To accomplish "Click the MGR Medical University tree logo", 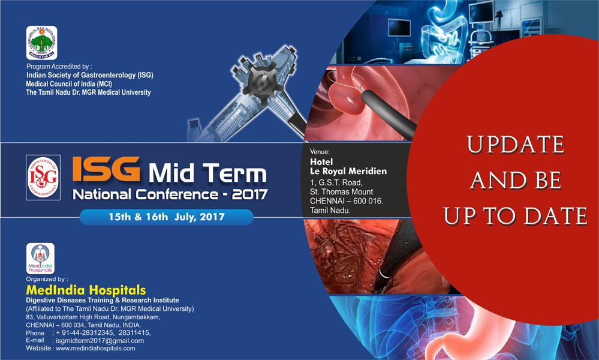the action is tap(41, 43).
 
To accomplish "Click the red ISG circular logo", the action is tap(43, 178).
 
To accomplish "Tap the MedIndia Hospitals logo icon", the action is tap(41, 259).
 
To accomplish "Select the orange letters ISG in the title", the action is tap(107, 169).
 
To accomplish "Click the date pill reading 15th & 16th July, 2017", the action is tap(167, 217).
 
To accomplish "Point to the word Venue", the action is tap(320, 152).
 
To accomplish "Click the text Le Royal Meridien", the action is tap(348, 171).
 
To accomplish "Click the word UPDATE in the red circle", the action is tap(515, 145).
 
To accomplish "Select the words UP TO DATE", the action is tap(515, 216).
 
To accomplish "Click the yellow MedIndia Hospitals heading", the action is tap(86, 290).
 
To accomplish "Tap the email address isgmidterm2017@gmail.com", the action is tap(100, 341).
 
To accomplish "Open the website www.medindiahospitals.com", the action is tap(95, 349).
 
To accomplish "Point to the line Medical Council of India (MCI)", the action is tap(69, 84).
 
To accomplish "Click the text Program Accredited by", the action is tap(58, 67).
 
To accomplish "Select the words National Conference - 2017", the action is tap(170, 194).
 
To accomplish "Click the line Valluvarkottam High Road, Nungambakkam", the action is tap(98, 317).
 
